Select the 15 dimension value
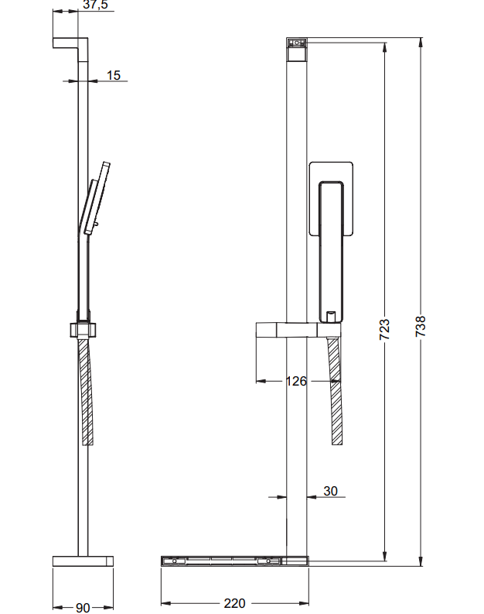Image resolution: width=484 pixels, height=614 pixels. (x=113, y=75)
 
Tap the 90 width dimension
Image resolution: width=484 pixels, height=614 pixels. (x=83, y=607)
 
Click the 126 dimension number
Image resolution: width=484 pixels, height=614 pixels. (x=295, y=381)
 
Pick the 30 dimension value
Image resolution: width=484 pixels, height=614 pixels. (x=330, y=491)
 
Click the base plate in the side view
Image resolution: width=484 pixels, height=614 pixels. (x=84, y=561)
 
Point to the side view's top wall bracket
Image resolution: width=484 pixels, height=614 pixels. (x=70, y=43)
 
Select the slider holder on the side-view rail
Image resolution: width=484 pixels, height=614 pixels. (x=84, y=328)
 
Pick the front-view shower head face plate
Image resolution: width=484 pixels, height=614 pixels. (x=332, y=198)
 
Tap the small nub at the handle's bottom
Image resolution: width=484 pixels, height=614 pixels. (x=330, y=316)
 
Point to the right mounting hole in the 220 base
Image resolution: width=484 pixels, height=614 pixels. (x=270, y=560)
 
